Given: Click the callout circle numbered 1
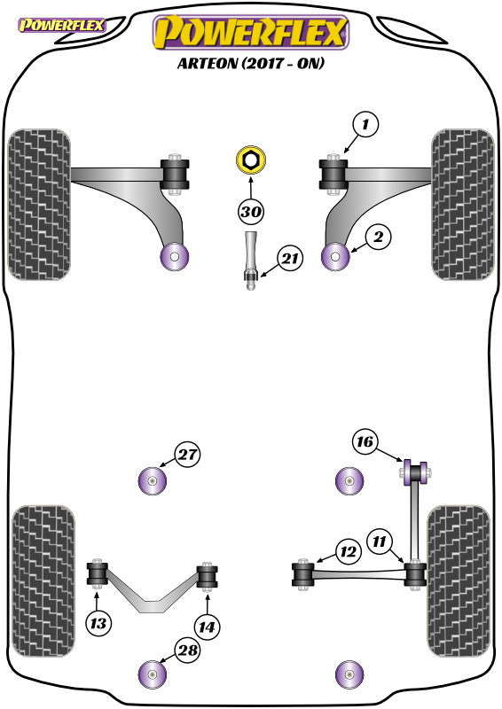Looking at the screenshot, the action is coord(365,124).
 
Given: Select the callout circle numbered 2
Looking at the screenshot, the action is coord(379,237).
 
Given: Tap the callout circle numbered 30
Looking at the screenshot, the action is coord(251,212).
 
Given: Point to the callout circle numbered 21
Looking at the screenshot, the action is coord(290,259).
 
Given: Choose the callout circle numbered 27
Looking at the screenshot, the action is coord(187,455).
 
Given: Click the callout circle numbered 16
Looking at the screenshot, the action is coord(365,441).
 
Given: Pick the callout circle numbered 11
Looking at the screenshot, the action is coord(380,541).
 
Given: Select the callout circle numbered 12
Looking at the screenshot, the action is coord(348,552).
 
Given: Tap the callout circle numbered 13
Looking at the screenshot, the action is coord(98,624).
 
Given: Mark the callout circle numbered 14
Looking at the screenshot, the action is coord(207,627).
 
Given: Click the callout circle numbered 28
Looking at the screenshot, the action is coord(187,651).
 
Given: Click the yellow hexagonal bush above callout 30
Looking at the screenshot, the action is coord(251,160).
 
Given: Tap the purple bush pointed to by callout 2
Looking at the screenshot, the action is coord(335,257).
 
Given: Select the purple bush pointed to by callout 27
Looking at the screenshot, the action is coord(152,480).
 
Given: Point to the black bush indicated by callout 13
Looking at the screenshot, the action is coord(97,573).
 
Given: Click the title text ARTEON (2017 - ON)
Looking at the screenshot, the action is coord(251,63).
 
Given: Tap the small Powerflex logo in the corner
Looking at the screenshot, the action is coord(61,26).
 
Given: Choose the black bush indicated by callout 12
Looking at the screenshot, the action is coord(302,573).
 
